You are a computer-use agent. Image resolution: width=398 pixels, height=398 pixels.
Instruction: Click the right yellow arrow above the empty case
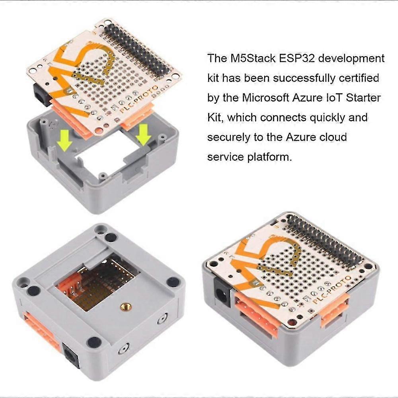tap(143, 134)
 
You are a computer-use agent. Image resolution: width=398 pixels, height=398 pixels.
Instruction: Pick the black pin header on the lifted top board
tap(137, 50)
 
